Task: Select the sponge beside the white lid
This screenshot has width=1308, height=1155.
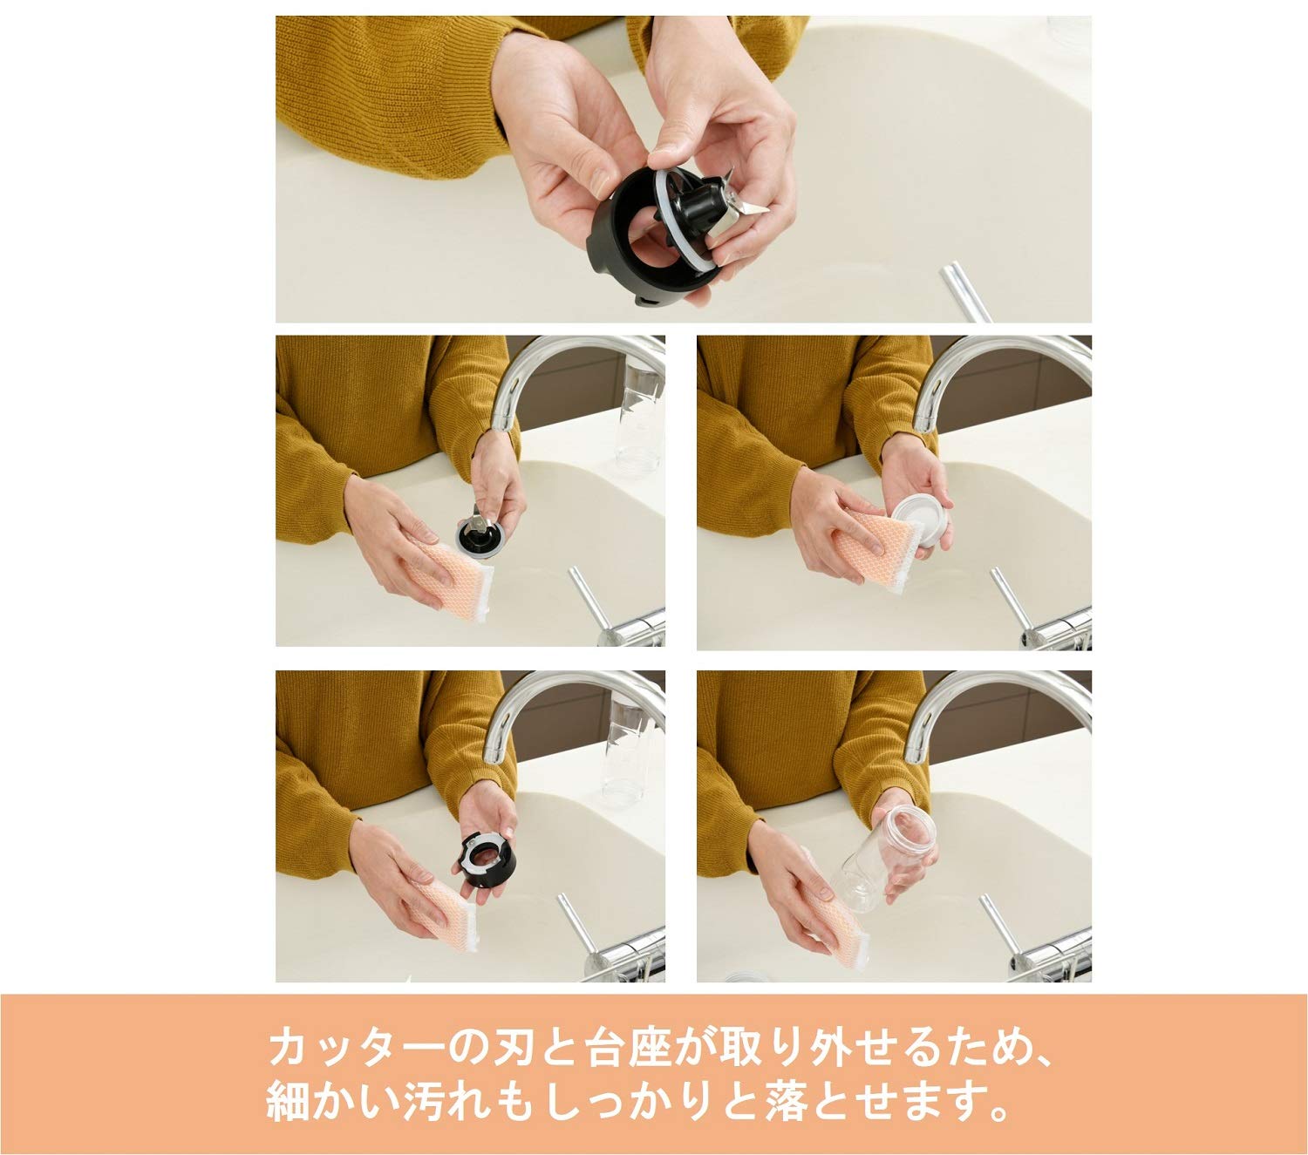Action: tap(875, 549)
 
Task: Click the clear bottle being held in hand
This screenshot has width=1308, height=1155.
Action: tap(884, 858)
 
